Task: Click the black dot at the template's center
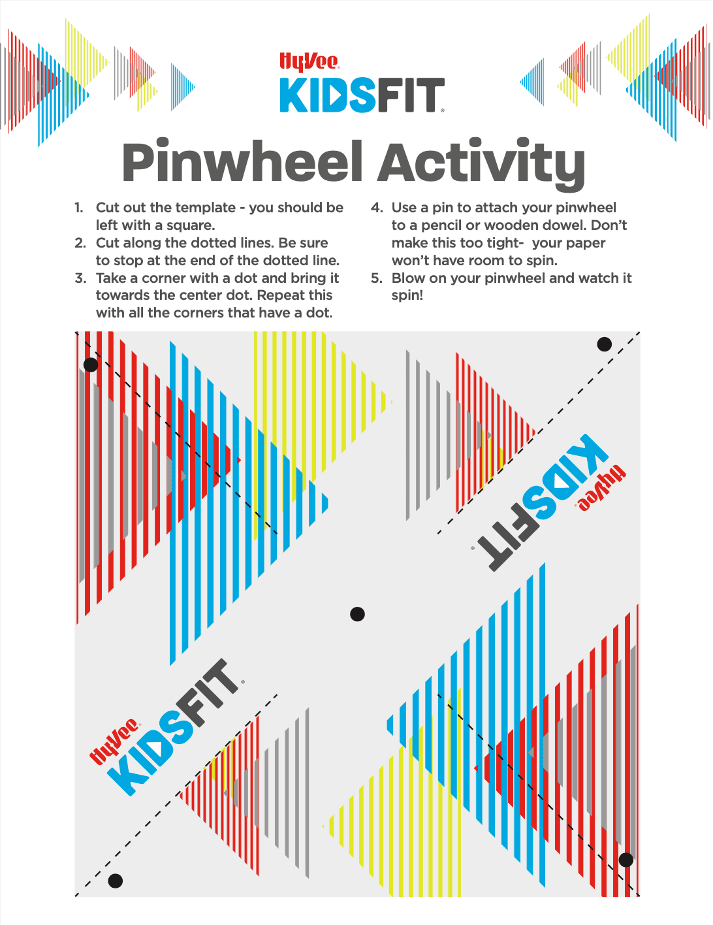357,614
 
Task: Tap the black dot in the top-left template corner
91,365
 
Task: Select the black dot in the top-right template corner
605,344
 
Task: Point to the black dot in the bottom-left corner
116,881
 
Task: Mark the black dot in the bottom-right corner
626,860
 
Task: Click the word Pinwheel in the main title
242,163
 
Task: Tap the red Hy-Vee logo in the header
309,62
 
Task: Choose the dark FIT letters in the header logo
411,95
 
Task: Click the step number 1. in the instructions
79,208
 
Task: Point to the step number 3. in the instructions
80,278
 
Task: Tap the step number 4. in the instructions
377,208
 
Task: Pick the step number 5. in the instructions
377,278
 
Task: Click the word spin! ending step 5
407,295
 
